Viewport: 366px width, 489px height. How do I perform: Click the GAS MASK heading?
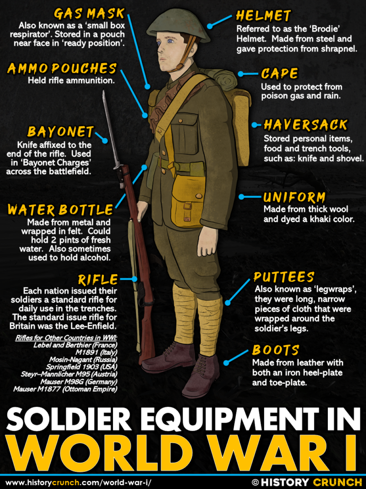(90, 13)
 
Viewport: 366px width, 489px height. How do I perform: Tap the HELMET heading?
(263, 16)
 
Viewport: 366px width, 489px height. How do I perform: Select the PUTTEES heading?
(284, 277)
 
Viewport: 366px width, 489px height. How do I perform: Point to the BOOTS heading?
(276, 350)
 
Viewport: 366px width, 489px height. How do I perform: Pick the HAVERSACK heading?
(305, 125)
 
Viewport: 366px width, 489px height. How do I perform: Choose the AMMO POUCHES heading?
(62, 69)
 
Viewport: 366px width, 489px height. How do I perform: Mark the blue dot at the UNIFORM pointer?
(242, 197)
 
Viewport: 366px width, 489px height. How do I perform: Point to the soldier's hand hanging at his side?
(208, 241)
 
